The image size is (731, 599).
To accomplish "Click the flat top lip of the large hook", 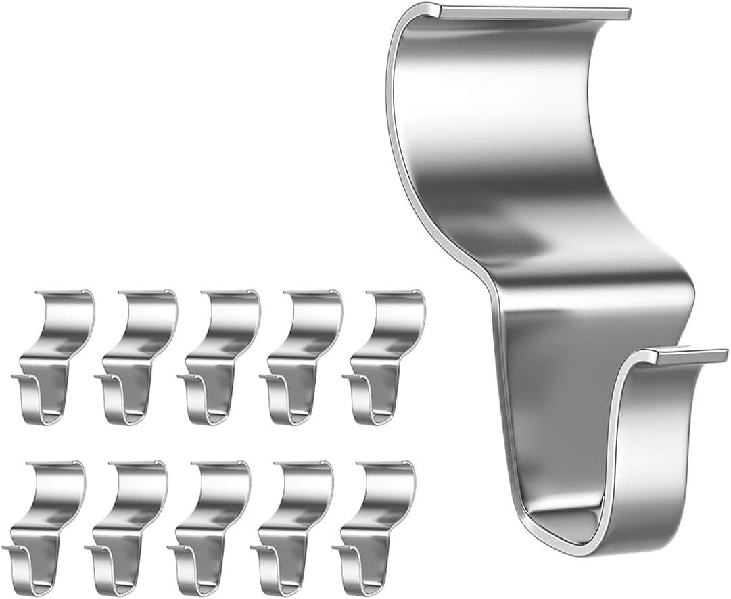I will coord(534,12).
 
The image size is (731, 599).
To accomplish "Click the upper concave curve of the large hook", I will coord(500,101).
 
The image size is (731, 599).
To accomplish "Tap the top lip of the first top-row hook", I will coord(62,293).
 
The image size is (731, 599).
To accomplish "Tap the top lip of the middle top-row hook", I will coord(229,293).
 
